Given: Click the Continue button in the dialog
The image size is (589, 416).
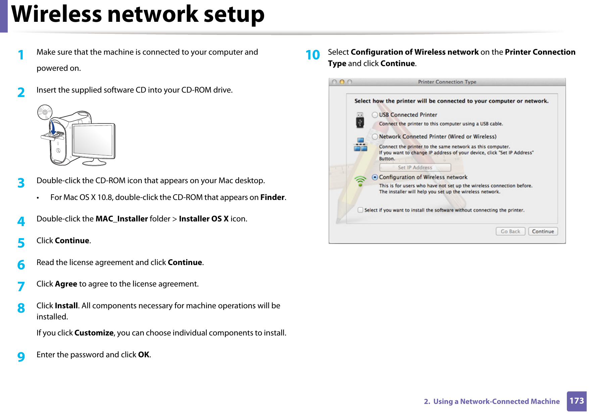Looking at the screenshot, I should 543,231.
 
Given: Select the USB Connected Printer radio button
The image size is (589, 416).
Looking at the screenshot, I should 375,115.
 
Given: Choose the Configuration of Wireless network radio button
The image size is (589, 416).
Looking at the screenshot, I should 375,177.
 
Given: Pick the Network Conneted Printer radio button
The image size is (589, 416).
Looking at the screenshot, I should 375,137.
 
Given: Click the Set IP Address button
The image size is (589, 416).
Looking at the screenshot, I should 415,167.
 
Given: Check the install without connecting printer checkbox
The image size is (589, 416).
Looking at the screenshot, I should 360,210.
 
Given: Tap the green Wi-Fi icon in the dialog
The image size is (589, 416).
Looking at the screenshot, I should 360,181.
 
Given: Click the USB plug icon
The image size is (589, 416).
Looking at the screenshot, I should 360,120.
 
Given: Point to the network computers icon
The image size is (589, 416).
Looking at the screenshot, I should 360,145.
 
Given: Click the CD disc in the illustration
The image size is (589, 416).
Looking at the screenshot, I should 45,112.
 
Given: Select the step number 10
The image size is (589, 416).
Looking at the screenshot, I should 312,55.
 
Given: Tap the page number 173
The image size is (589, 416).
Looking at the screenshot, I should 576,401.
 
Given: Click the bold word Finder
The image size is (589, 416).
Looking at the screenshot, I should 272,198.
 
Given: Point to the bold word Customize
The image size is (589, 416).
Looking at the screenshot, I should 94,333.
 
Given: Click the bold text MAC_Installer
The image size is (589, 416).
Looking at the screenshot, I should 121,219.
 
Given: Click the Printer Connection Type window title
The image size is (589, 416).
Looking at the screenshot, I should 447,82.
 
